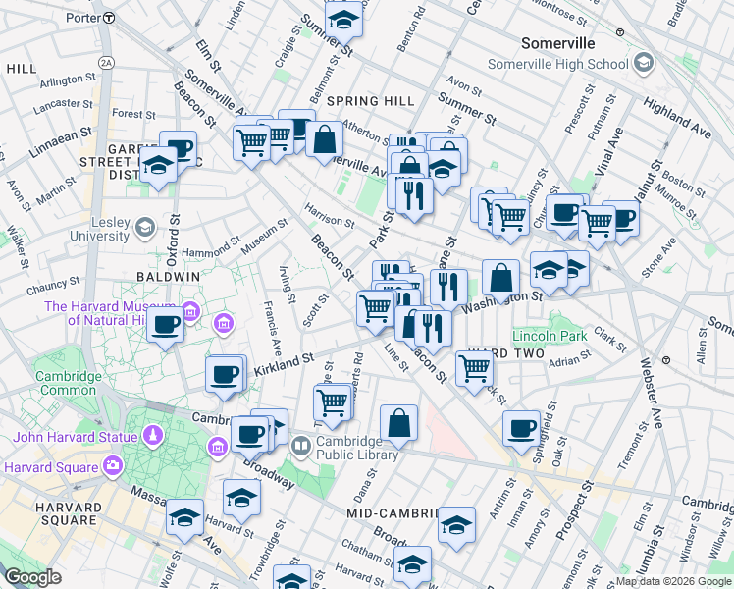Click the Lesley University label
tap(98, 229)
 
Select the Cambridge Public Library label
tap(356, 448)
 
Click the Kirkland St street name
tap(283, 364)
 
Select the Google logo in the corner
tap(32, 577)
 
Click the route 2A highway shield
tap(106, 62)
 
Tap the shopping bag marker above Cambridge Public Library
tap(398, 424)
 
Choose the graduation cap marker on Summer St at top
tap(343, 19)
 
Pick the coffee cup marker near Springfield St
tap(521, 428)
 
